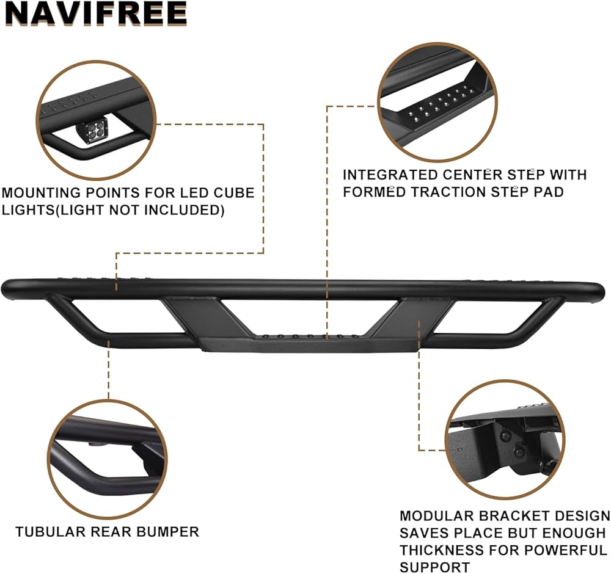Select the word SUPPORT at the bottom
click(x=435, y=567)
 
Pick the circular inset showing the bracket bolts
click(x=504, y=439)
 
